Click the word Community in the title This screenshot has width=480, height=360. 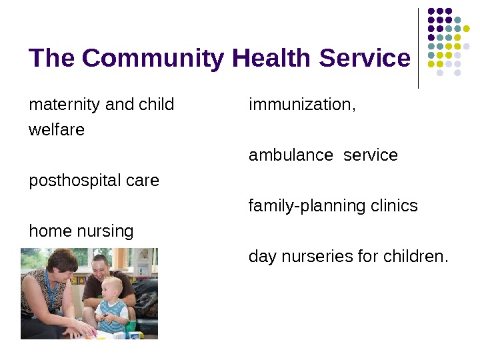click(155, 59)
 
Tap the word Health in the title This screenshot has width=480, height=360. click(273, 59)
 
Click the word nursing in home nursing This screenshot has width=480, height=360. click(105, 231)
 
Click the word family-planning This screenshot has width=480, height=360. click(301, 206)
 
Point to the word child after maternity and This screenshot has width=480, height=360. click(156, 105)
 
